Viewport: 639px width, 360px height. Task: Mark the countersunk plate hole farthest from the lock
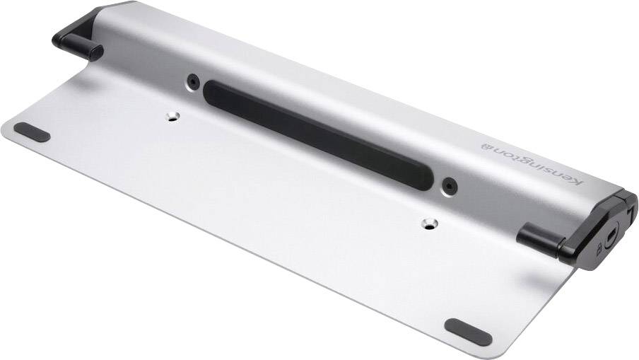point(172,115)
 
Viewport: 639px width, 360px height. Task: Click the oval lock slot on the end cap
point(612,231)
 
